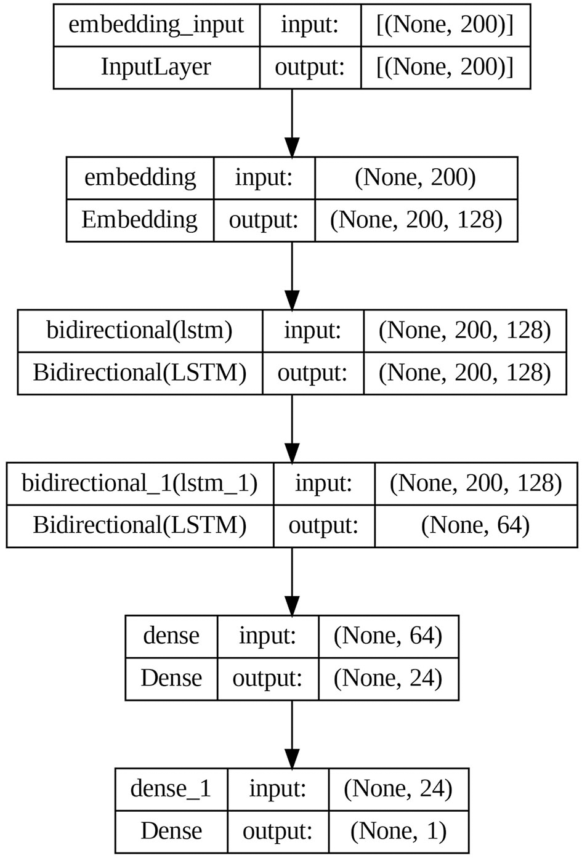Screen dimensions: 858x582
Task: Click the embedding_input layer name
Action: [x=156, y=25]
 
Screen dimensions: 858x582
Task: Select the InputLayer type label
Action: [x=156, y=67]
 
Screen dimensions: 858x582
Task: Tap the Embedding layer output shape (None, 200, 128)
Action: [x=416, y=220]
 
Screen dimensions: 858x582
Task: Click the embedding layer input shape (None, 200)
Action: [x=416, y=177]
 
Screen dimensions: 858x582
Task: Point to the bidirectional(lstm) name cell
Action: [x=140, y=331]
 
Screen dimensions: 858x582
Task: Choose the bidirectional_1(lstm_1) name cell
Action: [x=140, y=484]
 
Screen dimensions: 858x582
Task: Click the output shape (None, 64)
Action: [x=475, y=525]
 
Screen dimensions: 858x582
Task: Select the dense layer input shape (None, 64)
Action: [x=388, y=636]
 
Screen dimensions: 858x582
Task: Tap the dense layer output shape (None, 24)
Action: [x=388, y=678]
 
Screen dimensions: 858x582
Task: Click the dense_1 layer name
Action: [x=171, y=788]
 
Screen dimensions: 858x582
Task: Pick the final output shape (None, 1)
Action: [x=398, y=831]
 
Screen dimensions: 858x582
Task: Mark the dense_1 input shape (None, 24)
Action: [x=398, y=788]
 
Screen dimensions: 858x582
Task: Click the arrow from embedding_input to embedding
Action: [x=292, y=123]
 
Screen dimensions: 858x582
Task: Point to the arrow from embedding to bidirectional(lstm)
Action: [x=292, y=275]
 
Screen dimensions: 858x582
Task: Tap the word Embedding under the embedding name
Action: [x=140, y=220]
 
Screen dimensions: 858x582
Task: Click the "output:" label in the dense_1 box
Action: [x=278, y=831]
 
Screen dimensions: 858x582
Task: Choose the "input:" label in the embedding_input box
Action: [x=310, y=25]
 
